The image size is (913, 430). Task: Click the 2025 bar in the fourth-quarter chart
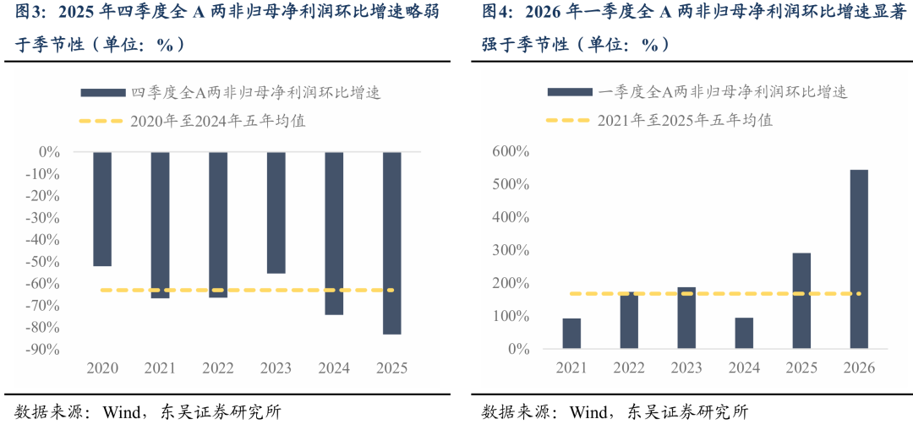(392, 243)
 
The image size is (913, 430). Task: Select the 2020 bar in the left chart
(102, 210)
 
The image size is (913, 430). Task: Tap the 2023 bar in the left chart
(276, 213)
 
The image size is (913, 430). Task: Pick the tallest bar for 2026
(859, 259)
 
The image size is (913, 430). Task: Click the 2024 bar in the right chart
(744, 334)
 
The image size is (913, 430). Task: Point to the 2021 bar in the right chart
(571, 334)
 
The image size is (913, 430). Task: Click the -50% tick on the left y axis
(44, 262)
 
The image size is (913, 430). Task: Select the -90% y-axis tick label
(44, 350)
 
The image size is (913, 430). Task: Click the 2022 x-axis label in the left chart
(218, 368)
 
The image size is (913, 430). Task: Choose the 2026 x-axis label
(859, 368)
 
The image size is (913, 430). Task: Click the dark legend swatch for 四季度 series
(102, 93)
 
